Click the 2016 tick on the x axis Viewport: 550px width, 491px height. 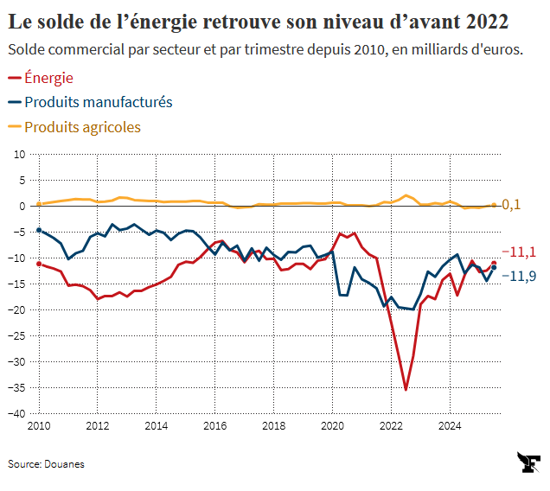click(x=214, y=425)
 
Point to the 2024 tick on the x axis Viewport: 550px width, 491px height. click(x=450, y=425)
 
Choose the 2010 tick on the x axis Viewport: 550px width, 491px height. click(x=38, y=425)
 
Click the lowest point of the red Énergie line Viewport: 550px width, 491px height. click(x=406, y=389)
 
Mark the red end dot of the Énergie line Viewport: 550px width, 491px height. click(x=494, y=264)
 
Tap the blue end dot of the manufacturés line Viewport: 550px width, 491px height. click(x=494, y=268)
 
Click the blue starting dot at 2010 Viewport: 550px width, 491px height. click(x=39, y=230)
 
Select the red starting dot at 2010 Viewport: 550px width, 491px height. click(x=39, y=264)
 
